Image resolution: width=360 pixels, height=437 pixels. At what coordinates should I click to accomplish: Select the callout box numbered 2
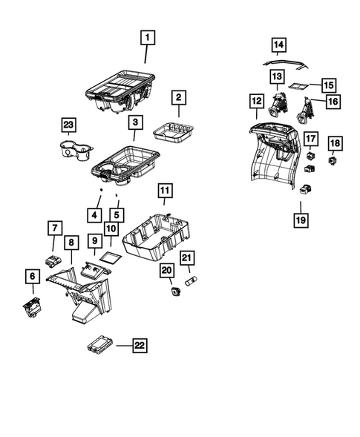click(179, 97)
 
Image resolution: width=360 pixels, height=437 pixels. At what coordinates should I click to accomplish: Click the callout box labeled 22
click(139, 345)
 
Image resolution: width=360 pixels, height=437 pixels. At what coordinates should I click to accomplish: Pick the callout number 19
click(302, 220)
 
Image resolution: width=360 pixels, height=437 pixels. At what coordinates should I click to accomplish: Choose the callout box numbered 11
click(165, 191)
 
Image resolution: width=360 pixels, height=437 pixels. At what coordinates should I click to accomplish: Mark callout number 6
click(32, 277)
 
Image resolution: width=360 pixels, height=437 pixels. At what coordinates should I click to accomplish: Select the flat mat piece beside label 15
click(300, 87)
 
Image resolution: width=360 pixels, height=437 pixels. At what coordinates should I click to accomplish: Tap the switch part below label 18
click(334, 158)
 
